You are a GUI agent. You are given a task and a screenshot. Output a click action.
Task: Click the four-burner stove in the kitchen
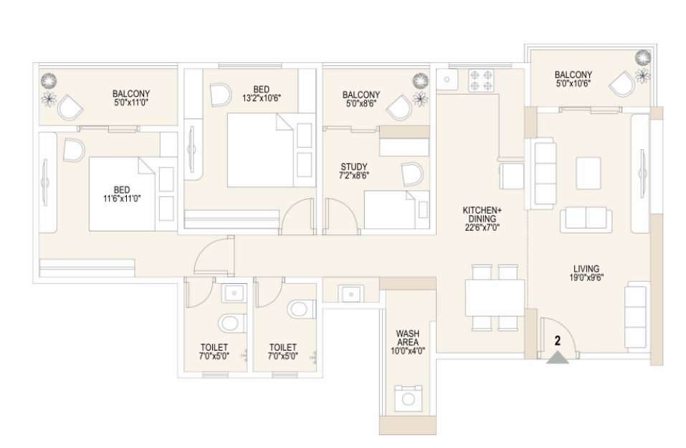coord(481,80)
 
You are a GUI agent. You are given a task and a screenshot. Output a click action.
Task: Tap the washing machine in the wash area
coord(408,399)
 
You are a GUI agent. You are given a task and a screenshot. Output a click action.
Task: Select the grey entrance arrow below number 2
coord(558,358)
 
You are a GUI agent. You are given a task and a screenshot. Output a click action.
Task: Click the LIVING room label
coord(586,269)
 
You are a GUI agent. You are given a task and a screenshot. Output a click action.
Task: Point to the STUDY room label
coord(354,167)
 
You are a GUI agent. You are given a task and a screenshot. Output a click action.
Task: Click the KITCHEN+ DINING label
coord(482,214)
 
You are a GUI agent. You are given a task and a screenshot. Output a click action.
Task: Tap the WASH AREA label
coord(408,338)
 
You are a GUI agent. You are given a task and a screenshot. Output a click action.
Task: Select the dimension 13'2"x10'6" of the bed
coord(261,98)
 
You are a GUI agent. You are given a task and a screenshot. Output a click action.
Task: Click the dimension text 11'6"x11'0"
coord(122,198)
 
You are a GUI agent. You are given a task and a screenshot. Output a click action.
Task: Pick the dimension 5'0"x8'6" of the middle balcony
coord(361,104)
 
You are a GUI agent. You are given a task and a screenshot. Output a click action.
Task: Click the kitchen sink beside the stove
coord(447,80)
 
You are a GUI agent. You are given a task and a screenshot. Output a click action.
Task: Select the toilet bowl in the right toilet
coord(302,309)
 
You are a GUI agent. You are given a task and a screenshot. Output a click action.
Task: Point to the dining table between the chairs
coord(495,298)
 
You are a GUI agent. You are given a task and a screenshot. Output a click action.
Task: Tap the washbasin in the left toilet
coord(234,292)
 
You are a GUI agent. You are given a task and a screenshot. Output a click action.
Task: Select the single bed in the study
coord(397,209)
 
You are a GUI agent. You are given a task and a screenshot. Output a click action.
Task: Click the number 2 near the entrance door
coord(558,340)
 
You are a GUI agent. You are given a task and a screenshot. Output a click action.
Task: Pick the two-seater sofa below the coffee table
coord(586,220)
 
